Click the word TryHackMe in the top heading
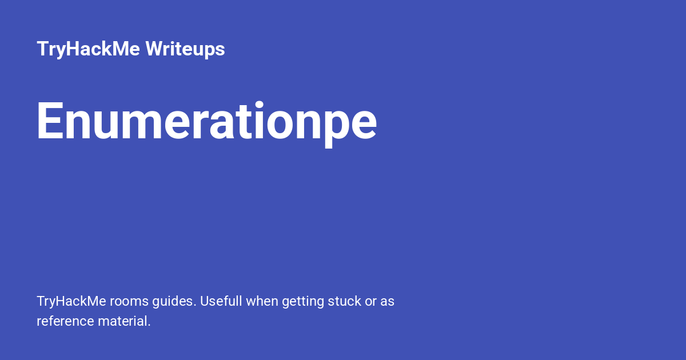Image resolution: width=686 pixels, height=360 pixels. click(89, 49)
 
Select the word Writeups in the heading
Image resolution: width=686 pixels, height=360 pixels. click(185, 49)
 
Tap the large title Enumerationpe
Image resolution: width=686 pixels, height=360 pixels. click(206, 121)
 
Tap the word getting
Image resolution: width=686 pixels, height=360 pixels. click(301, 302)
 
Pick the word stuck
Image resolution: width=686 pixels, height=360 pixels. click(344, 301)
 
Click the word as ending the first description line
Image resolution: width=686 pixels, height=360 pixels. click(387, 301)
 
